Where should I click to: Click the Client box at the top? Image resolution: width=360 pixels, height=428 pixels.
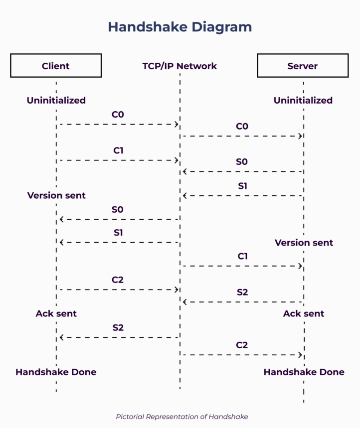56,66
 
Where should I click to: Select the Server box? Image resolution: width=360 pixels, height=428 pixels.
302,66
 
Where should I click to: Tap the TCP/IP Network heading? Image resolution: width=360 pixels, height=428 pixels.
180,66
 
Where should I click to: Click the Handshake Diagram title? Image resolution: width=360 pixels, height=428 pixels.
180,26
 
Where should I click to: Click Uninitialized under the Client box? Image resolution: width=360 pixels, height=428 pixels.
56,100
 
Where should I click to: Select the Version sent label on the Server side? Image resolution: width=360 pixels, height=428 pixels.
304,243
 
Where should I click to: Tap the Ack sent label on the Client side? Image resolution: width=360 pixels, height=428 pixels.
56,313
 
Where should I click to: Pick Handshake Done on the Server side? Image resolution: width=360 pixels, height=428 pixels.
304,372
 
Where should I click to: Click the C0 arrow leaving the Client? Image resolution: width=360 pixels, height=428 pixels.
118,124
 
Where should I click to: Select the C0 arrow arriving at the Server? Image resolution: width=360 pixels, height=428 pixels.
242,136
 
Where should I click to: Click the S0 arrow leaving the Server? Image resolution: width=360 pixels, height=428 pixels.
242,172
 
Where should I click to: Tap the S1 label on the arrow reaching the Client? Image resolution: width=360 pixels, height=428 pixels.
118,233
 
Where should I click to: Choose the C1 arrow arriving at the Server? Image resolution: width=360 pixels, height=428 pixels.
242,266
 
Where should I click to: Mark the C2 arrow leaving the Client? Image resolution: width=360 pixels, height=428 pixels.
118,289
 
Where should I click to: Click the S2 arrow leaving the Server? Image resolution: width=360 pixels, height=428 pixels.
242,302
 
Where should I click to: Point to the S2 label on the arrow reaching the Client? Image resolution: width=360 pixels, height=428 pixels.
118,328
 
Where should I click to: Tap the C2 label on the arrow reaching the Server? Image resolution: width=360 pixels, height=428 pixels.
242,345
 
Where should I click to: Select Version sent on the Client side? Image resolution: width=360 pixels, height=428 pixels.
56,195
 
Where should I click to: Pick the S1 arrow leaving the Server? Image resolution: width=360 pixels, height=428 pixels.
242,196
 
